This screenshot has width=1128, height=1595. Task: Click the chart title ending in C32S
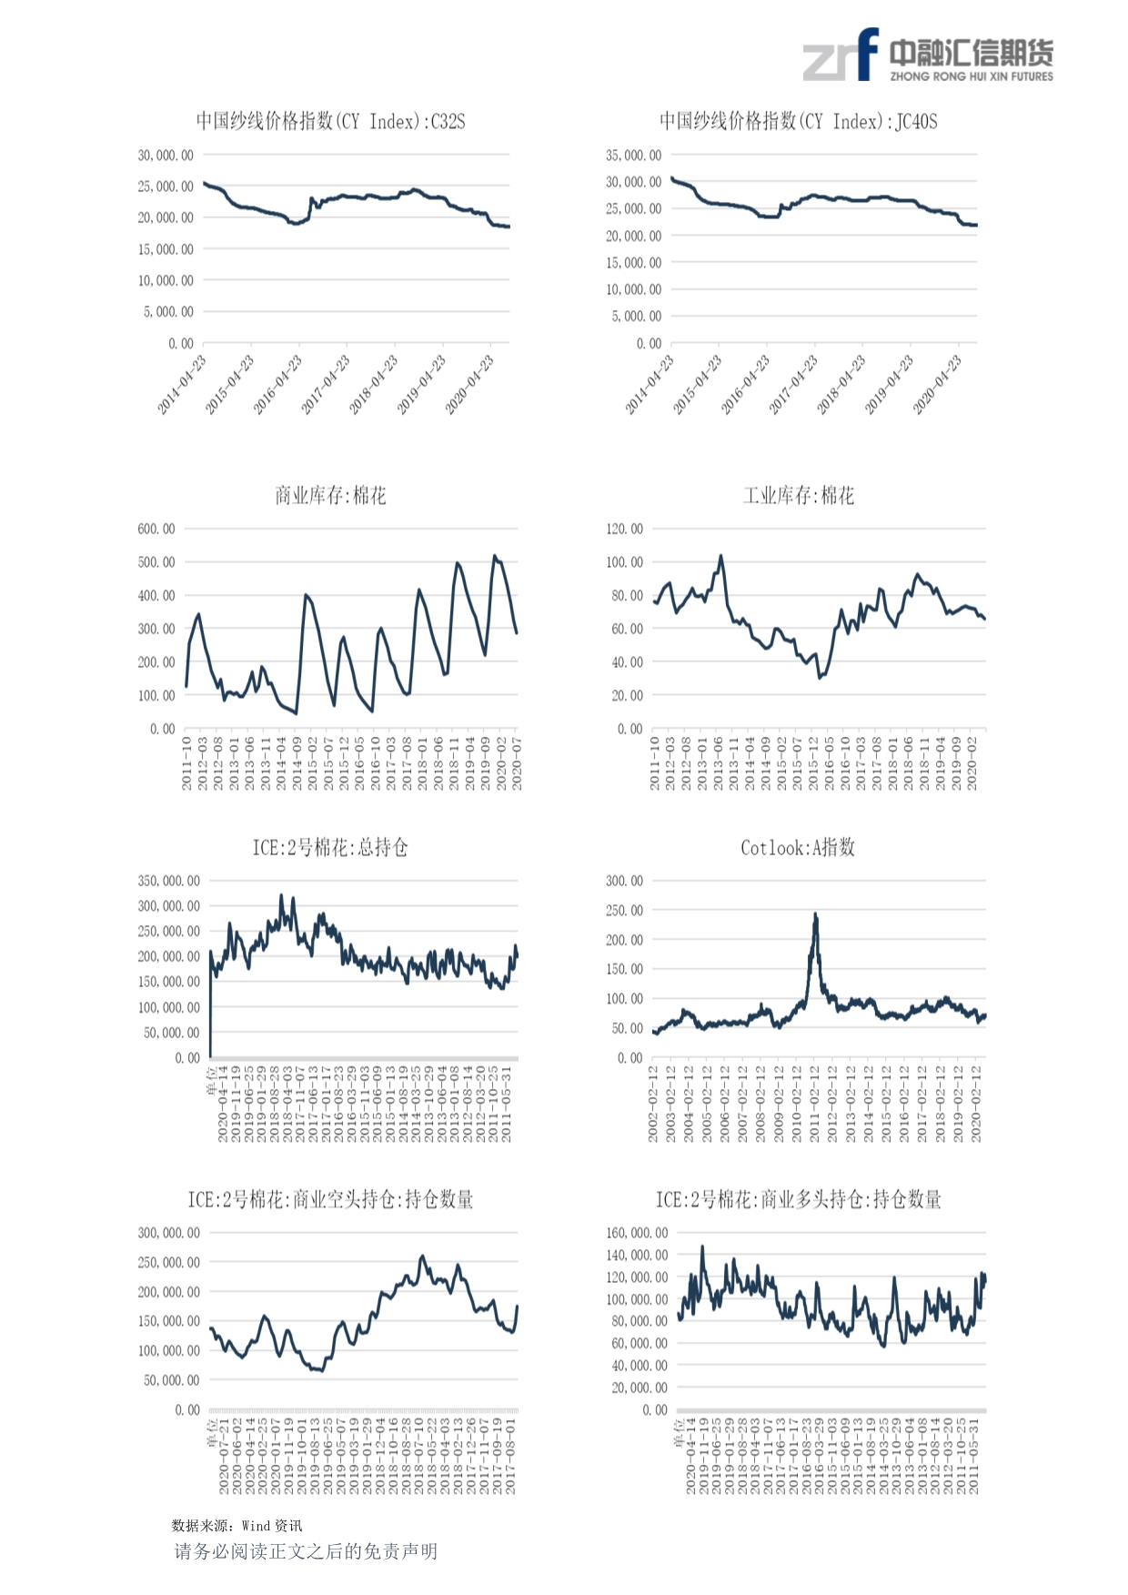(x=330, y=122)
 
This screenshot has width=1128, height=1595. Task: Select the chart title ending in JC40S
(x=798, y=122)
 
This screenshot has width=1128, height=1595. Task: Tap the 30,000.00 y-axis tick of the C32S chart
(x=166, y=156)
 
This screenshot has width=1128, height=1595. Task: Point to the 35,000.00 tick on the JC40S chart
(x=633, y=156)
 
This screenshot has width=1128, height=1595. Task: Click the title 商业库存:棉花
(x=330, y=496)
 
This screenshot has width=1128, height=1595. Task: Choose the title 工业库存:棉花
(x=798, y=496)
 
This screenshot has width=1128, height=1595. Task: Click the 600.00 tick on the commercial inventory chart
(x=156, y=529)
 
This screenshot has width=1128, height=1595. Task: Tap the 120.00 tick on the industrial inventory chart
(x=624, y=529)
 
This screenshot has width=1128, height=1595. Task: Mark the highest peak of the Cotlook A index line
(x=815, y=914)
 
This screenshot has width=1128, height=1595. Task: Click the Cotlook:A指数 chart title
(x=798, y=848)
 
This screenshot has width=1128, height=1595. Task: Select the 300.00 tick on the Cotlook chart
(x=624, y=881)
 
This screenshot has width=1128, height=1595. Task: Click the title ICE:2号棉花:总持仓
(x=330, y=848)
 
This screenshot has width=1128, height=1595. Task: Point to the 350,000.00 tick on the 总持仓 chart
(x=168, y=881)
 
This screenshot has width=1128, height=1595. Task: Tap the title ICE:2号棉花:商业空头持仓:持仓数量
(x=330, y=1200)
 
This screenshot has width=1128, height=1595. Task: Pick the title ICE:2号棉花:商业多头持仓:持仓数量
(x=798, y=1200)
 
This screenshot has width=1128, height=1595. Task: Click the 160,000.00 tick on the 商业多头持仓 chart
(x=636, y=1233)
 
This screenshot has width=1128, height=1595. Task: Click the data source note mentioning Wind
(x=237, y=1526)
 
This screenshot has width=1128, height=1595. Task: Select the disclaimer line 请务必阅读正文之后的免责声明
(x=306, y=1551)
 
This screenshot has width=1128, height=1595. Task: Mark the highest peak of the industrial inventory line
(x=721, y=555)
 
